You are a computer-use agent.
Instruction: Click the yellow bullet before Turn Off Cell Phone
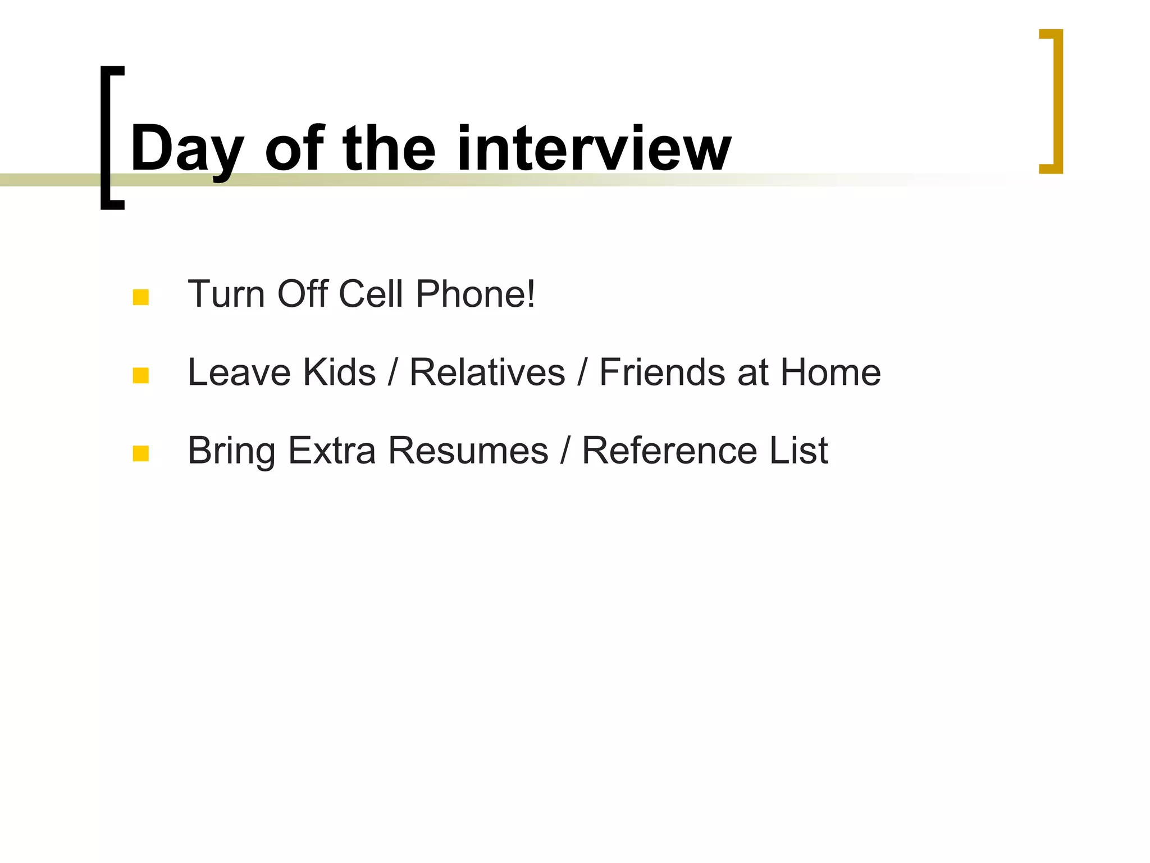click(140, 297)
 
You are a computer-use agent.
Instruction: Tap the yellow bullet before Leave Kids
click(140, 375)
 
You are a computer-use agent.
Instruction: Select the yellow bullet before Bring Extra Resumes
click(140, 453)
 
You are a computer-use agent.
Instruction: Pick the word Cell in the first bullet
click(371, 294)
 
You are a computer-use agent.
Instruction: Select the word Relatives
click(487, 372)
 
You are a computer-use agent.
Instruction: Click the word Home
click(830, 372)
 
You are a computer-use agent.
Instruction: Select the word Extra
click(331, 450)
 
